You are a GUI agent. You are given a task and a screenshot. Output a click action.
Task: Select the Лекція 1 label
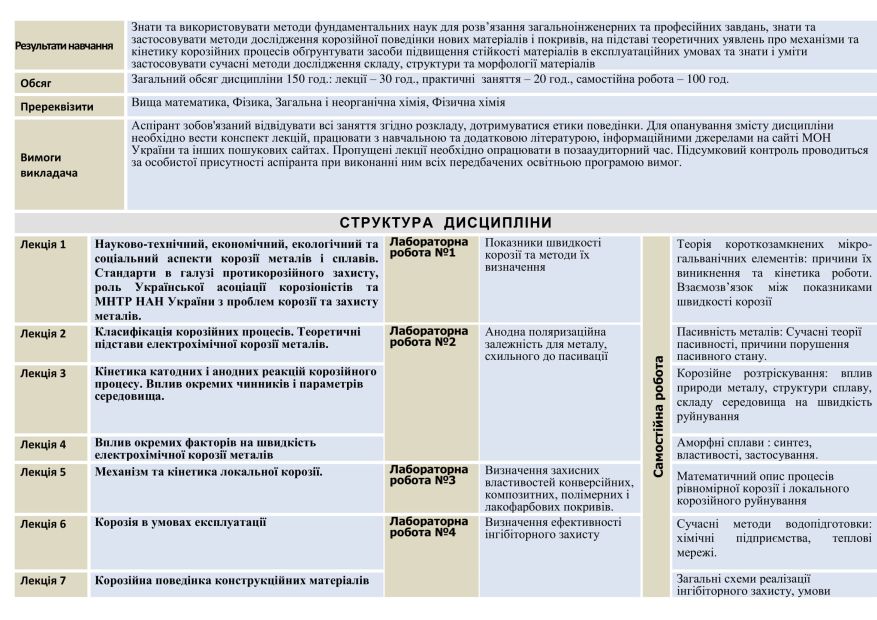click(44, 244)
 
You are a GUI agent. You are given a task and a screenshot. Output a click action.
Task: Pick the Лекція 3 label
click(44, 373)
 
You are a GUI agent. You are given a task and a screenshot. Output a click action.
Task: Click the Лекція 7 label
click(44, 580)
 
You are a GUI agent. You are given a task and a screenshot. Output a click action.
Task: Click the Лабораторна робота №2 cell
click(427, 336)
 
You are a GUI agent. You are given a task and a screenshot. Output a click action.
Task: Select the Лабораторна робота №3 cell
click(427, 474)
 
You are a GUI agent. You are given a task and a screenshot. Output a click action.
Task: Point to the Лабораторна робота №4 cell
click(427, 527)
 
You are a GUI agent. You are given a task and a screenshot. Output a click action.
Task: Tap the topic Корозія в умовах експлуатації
click(181, 522)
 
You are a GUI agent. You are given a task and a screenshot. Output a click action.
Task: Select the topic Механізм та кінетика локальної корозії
click(209, 471)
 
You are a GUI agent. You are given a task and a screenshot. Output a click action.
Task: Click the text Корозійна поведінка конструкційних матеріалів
click(232, 580)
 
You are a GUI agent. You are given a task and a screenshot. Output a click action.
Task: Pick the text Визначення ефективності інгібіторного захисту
click(552, 527)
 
